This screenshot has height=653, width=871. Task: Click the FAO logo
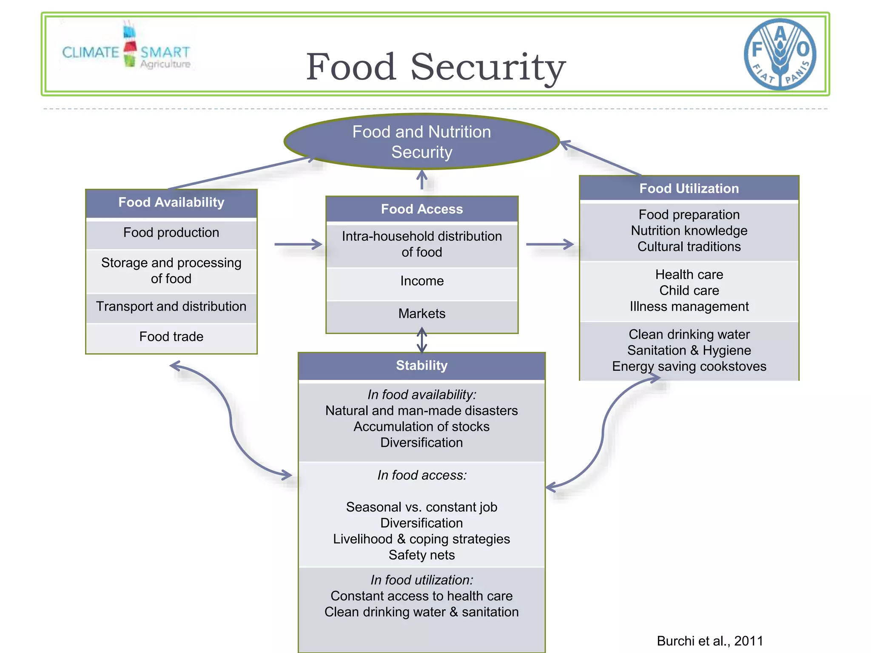780,54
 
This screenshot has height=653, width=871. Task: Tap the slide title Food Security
435,67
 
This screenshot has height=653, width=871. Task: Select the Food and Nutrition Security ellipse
421,142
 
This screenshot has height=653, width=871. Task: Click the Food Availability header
171,202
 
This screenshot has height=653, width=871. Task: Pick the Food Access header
421,209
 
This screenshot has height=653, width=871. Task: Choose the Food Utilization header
689,188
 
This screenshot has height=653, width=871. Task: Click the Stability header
421,366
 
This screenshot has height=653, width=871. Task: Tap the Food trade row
171,337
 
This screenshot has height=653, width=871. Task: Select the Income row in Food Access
421,281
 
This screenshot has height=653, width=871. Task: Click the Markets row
421,314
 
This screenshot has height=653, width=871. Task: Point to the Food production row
171,233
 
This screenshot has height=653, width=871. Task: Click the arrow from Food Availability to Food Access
298,244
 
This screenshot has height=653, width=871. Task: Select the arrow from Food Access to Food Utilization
550,244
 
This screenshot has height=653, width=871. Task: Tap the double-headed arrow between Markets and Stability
421,340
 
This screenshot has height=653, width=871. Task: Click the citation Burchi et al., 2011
710,641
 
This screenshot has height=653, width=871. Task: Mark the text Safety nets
421,555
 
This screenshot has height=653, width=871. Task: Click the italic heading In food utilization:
421,580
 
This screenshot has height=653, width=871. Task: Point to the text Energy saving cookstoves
689,366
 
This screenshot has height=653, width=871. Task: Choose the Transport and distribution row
171,307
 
